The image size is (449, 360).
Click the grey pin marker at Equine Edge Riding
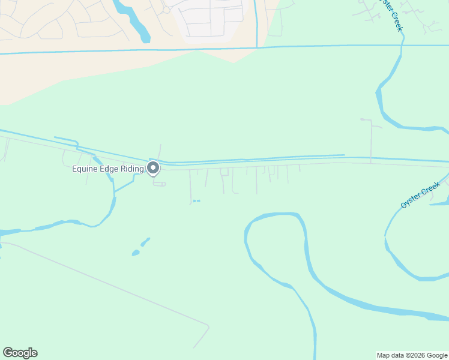153,168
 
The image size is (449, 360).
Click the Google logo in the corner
20,353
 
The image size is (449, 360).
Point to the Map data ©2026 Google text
412,355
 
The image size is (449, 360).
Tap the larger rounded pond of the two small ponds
136,253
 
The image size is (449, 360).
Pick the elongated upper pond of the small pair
145,242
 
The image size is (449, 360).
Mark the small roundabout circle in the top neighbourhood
166,10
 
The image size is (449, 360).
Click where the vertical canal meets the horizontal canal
256,47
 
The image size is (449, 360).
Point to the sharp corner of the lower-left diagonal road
208,327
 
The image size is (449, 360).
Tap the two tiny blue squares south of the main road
196,200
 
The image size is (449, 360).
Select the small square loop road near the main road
224,172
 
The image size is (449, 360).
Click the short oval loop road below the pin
159,184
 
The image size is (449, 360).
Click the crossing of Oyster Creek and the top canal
403,44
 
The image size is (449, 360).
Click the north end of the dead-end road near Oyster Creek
363,119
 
